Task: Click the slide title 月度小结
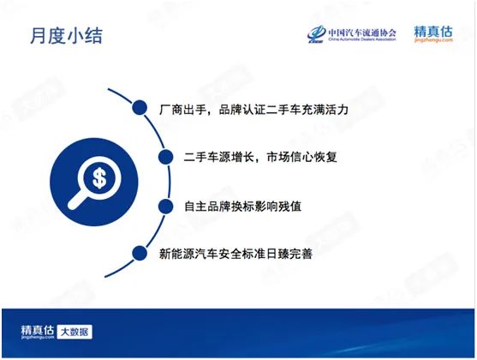(x=66, y=36)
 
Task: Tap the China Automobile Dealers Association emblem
(x=316, y=33)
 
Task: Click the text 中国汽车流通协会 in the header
(x=362, y=33)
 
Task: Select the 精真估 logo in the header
(x=433, y=33)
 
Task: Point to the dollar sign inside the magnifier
(x=99, y=178)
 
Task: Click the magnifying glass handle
(x=77, y=201)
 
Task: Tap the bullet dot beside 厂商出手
(x=140, y=107)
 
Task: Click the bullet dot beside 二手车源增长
(x=166, y=157)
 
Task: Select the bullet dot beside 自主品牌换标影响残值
(x=166, y=207)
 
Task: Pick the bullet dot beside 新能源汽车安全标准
(x=140, y=253)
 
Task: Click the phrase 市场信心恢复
(x=301, y=157)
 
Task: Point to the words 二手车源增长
(x=219, y=157)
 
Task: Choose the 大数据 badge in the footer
(x=75, y=332)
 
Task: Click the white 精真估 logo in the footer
(x=38, y=332)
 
